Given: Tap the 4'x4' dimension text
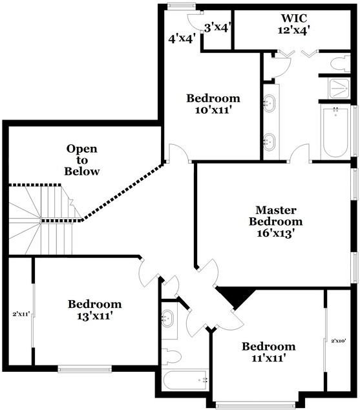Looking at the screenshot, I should pyautogui.click(x=181, y=38).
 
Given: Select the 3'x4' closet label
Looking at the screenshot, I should pyautogui.click(x=217, y=27).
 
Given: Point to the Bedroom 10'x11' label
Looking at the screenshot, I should pyautogui.click(x=213, y=104).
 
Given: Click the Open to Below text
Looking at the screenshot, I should pyautogui.click(x=83, y=160).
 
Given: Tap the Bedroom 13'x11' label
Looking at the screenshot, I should pyautogui.click(x=94, y=310).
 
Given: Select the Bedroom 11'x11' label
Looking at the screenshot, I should pyautogui.click(x=268, y=352).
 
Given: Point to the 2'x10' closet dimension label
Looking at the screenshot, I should pyautogui.click(x=339, y=340).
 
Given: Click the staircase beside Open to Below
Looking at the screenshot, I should pyautogui.click(x=40, y=220).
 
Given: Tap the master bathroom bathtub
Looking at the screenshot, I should pyautogui.click(x=335, y=133).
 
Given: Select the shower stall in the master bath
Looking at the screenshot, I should pyautogui.click(x=338, y=87).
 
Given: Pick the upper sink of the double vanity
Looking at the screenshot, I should pyautogui.click(x=270, y=103).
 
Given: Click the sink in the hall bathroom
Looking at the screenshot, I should pyautogui.click(x=169, y=318).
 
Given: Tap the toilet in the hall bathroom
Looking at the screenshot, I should pyautogui.click(x=171, y=355).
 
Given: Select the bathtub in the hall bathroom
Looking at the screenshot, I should pyautogui.click(x=185, y=380).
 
